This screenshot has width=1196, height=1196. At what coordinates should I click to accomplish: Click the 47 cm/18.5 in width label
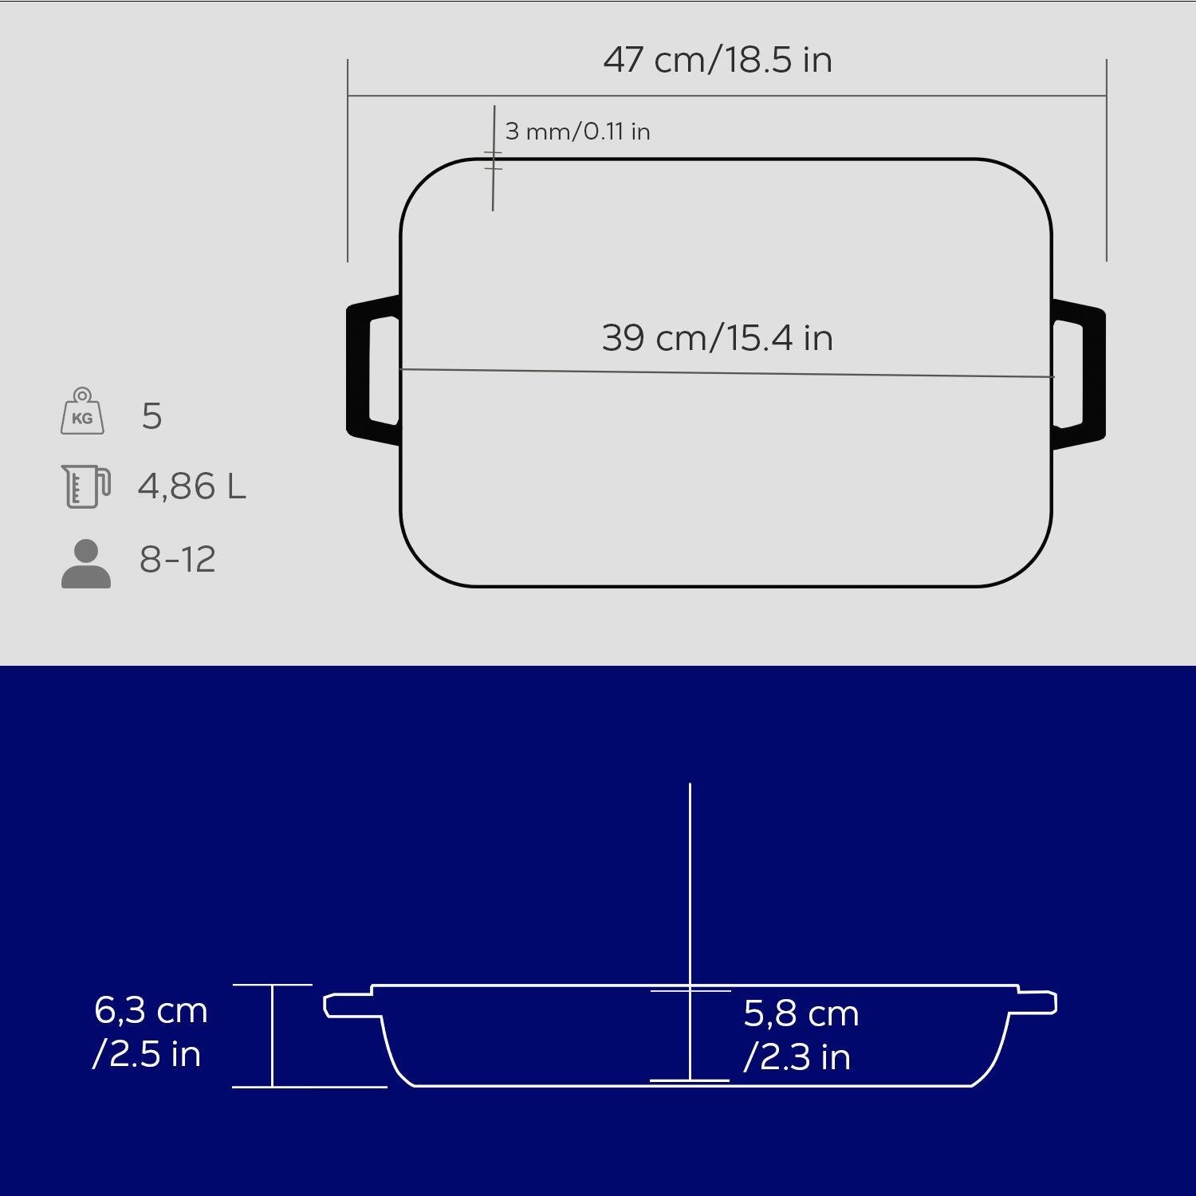(718, 60)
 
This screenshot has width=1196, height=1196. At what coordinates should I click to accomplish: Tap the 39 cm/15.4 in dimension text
(718, 337)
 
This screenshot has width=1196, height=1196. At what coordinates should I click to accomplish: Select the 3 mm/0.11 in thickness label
(578, 131)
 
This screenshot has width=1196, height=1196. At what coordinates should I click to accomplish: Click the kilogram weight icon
(82, 411)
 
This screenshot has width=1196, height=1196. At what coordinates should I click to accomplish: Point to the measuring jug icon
(85, 486)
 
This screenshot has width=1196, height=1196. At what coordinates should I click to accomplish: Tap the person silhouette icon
(86, 564)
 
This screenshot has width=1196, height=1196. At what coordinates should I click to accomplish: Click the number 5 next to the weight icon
(151, 416)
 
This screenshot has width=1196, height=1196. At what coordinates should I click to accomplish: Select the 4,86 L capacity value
(192, 486)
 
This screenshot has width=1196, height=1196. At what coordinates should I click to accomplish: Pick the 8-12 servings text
(178, 559)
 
